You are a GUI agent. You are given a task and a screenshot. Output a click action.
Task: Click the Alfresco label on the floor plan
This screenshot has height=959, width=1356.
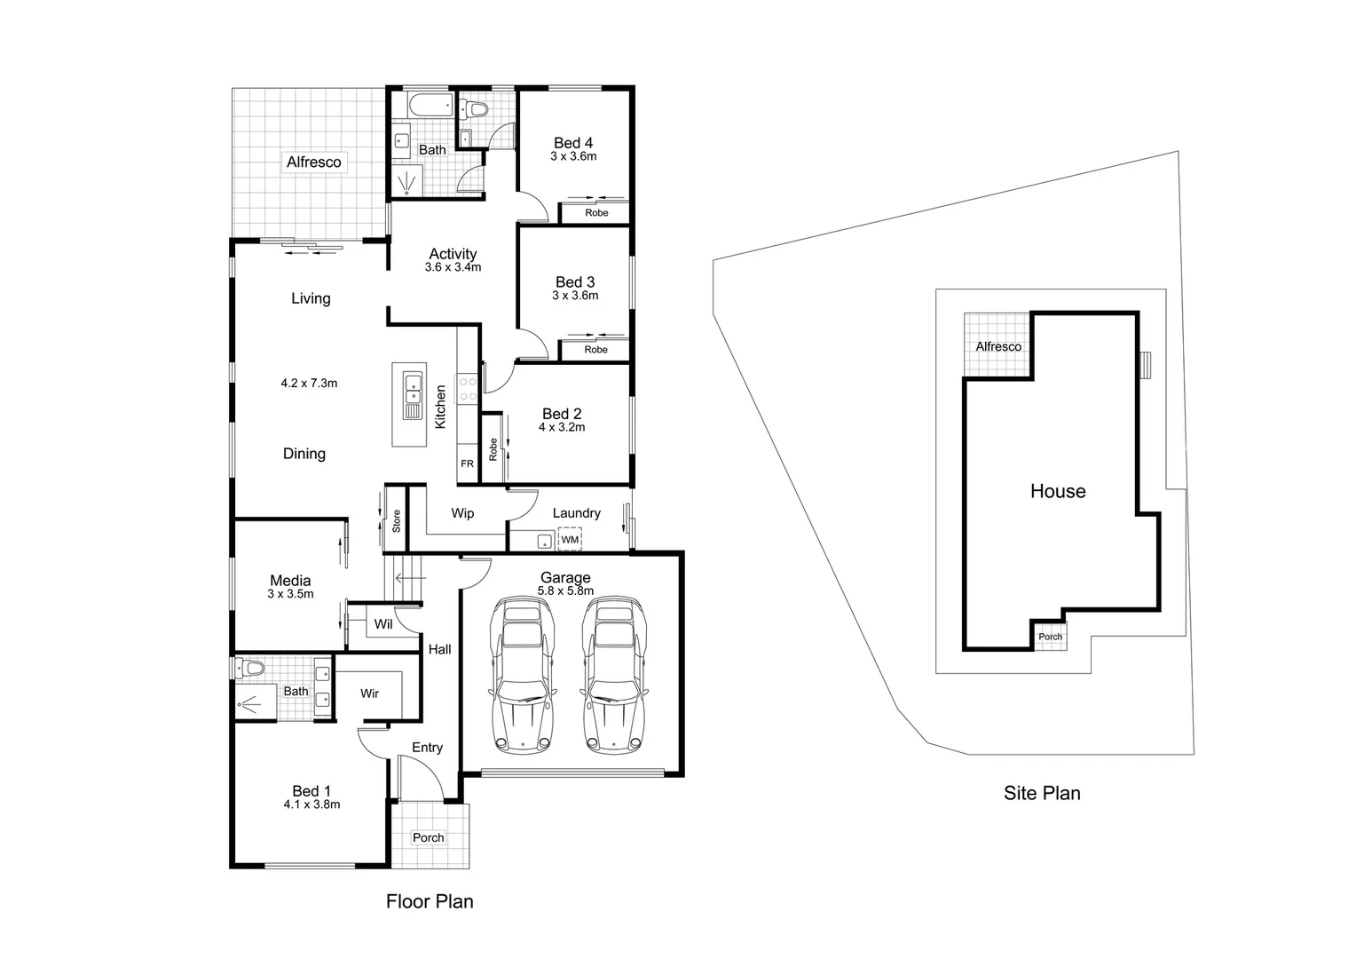pyautogui.click(x=313, y=162)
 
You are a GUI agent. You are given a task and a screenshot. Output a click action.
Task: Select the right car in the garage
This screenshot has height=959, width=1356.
pyautogui.click(x=615, y=676)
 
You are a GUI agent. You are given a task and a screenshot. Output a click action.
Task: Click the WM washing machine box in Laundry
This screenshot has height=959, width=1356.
pyautogui.click(x=570, y=539)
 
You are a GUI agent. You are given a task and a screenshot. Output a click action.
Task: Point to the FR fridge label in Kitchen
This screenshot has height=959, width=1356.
pyautogui.click(x=467, y=464)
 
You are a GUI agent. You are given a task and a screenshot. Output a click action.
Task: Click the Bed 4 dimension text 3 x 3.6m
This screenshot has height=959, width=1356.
pyautogui.click(x=573, y=156)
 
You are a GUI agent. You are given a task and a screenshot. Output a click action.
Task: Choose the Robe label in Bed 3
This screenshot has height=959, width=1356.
pyautogui.click(x=596, y=350)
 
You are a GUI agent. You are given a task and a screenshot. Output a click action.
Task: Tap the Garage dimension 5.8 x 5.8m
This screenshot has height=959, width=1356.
pyautogui.click(x=565, y=590)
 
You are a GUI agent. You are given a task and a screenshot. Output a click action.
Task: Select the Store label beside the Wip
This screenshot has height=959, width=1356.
pyautogui.click(x=397, y=520)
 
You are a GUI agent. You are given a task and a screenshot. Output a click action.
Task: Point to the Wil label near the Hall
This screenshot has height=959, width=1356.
pyautogui.click(x=382, y=624)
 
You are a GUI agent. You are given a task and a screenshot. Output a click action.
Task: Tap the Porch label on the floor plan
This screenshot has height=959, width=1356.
pyautogui.click(x=429, y=837)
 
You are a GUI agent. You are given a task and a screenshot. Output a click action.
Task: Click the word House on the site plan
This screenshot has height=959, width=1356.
pyautogui.click(x=1058, y=491)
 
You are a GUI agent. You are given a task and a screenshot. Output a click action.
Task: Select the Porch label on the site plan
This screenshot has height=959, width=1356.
pyautogui.click(x=1050, y=637)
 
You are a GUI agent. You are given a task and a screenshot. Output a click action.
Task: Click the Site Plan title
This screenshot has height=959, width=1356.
pyautogui.click(x=1042, y=793)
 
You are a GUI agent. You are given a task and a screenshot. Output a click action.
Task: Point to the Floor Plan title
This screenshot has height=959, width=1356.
pyautogui.click(x=430, y=901)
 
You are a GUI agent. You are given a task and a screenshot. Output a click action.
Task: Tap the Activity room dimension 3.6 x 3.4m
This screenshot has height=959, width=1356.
pyautogui.click(x=453, y=267)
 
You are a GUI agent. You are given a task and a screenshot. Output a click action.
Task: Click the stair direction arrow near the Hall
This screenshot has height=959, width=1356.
pyautogui.click(x=409, y=579)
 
